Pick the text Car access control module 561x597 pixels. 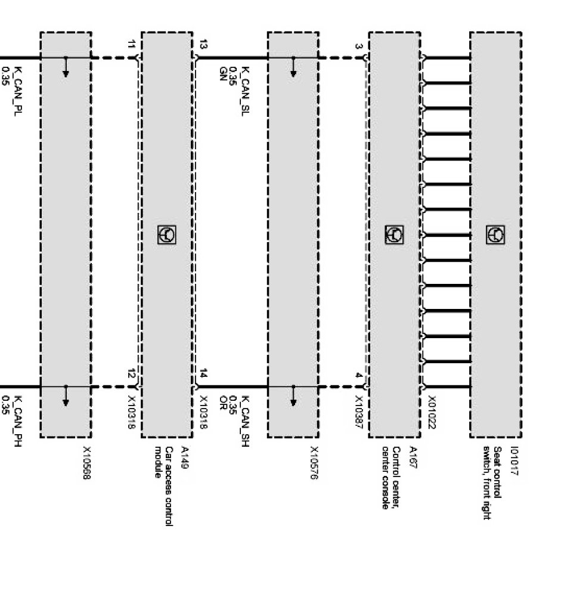click(164, 486)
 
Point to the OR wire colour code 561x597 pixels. click(223, 401)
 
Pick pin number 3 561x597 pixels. click(358, 46)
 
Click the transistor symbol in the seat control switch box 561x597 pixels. click(495, 234)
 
